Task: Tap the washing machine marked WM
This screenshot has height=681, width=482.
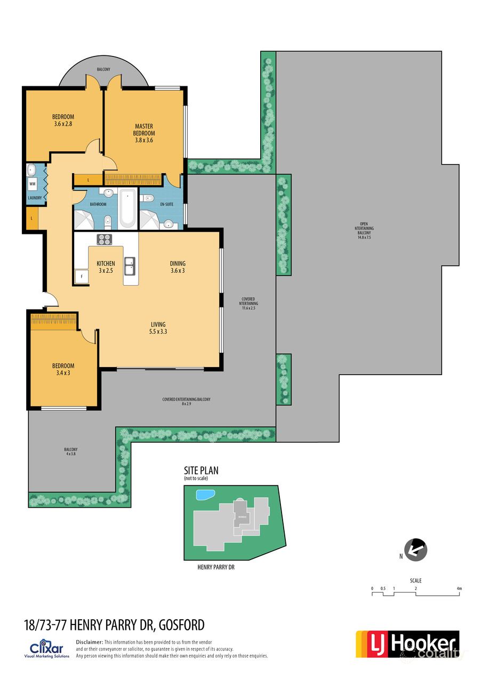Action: click(x=33, y=184)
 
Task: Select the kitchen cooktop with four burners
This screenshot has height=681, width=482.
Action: click(x=105, y=239)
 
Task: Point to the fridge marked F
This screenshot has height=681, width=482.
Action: click(x=82, y=277)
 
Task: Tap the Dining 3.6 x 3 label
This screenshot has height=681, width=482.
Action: click(x=178, y=266)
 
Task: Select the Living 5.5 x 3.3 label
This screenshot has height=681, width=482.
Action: click(x=158, y=328)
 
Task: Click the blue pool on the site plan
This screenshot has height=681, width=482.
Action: click(x=204, y=495)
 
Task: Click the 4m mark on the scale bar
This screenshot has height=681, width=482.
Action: click(x=459, y=589)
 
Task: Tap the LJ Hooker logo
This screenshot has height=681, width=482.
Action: click(x=407, y=644)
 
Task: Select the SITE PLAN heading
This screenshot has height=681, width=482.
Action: click(x=201, y=471)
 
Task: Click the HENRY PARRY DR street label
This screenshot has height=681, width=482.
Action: click(x=216, y=567)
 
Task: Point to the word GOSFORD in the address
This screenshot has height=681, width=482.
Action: click(x=179, y=625)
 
